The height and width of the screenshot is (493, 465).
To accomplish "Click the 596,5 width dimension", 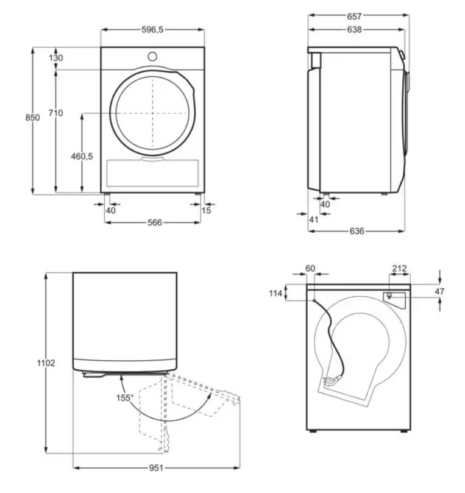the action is coord(152,30).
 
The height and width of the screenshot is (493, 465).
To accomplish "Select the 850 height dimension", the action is coord(32,118).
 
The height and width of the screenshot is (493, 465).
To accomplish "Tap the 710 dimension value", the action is coord(55,113).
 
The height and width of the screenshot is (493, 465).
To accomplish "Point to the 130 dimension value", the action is coord(56,58).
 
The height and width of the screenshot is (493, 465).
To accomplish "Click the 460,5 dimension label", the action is coord(82,156).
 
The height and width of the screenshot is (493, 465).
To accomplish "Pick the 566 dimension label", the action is coord(155,222).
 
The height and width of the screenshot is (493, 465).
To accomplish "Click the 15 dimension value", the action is coord(206,210).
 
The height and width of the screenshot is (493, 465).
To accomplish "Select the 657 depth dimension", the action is coord(354,16).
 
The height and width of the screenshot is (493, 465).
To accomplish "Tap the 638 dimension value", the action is coord(354,29).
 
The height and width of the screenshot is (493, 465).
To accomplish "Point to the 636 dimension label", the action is coord(357,231).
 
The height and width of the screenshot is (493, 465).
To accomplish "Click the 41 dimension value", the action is coord(314,219).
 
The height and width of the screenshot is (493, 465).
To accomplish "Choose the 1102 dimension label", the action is coord(46,363).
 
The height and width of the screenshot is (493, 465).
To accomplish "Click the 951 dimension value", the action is coord(156,468).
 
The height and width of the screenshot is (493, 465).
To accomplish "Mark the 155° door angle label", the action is coord(125,398).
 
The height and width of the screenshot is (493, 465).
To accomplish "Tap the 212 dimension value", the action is coord(399,269).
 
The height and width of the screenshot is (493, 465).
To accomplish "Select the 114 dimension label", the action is coord(275,294).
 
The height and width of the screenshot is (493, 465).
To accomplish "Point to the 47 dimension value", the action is coord(439,291).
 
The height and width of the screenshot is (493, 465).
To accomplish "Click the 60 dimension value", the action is coord(310,269).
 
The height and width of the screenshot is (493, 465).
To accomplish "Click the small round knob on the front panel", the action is coord(152,57).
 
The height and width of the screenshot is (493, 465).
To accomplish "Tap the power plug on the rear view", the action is coord(332,381).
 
